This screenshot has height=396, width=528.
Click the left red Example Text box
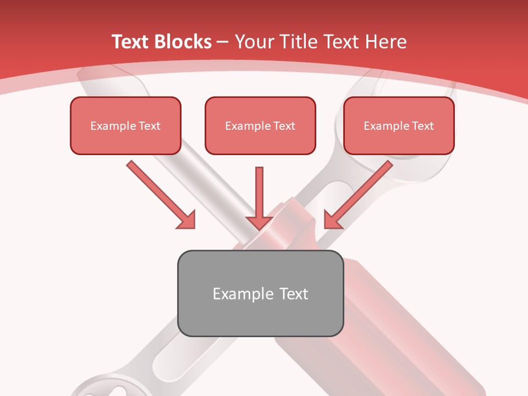[125, 125]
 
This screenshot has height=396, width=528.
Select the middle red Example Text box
[260, 125]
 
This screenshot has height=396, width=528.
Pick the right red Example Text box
[399, 125]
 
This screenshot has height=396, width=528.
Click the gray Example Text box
[260, 293]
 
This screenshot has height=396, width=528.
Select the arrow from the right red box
[360, 193]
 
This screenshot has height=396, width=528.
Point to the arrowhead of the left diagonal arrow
[187, 220]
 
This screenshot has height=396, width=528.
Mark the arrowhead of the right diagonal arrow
[332, 219]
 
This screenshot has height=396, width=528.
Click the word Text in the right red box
[422, 126]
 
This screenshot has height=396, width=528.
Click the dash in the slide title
[223, 42]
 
